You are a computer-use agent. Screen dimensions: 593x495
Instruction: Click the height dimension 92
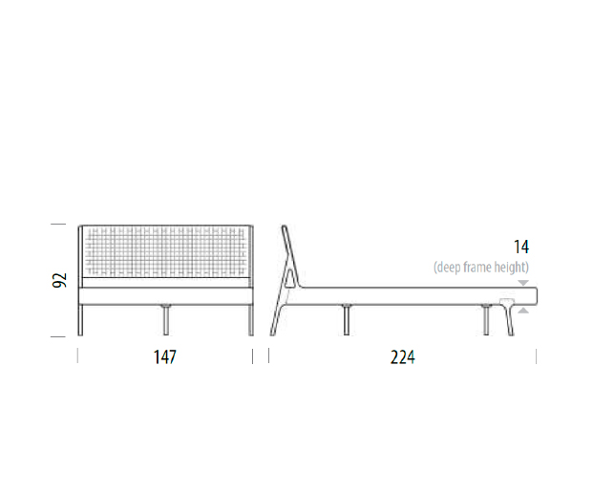tap(59, 280)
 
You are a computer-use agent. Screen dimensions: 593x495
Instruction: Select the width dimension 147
tap(165, 356)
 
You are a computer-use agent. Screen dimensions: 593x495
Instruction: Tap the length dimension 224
tap(402, 356)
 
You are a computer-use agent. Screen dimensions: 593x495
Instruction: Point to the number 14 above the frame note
tap(521, 247)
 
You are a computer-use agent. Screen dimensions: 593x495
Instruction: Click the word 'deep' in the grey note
tap(447, 268)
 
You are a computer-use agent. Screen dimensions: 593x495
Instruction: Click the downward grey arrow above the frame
tap(523, 283)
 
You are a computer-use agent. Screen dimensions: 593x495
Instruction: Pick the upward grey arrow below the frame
tap(523, 311)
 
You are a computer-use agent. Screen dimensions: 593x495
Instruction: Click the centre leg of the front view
tap(165, 320)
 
